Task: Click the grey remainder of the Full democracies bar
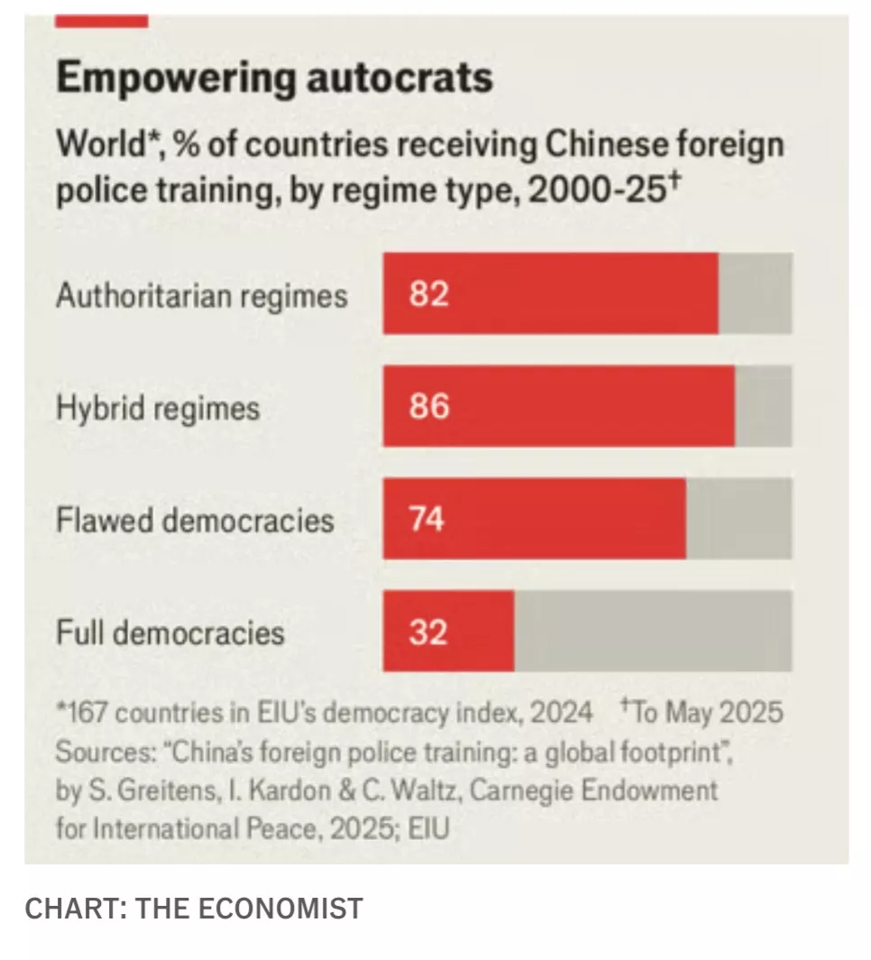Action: pos(653,632)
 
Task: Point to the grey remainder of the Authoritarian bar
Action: pos(756,293)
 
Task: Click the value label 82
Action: pos(428,294)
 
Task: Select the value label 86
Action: pos(428,407)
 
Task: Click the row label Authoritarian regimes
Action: pos(201,296)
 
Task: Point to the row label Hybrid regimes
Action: pos(157,409)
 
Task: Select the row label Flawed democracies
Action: pos(195,521)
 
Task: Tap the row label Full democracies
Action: pos(170,632)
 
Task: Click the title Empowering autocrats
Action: pos(274,78)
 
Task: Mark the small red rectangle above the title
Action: pos(101,21)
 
